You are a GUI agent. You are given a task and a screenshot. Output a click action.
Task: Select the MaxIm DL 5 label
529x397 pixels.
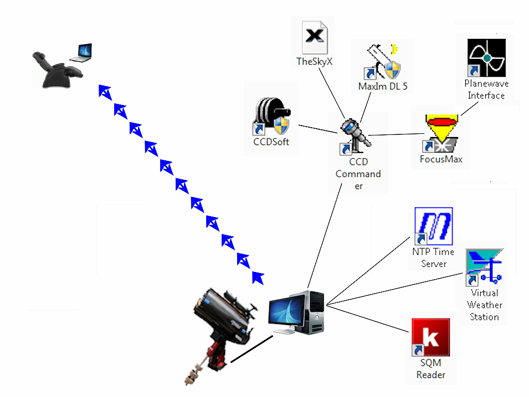coord(382,86)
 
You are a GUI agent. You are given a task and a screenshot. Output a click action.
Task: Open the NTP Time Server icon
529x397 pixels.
coord(433,226)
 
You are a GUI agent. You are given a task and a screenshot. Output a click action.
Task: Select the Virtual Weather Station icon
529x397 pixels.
coord(484,267)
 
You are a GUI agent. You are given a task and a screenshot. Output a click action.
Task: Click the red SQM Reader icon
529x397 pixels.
coord(430,338)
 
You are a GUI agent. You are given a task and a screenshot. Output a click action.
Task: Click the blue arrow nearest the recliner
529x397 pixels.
coord(105,93)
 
